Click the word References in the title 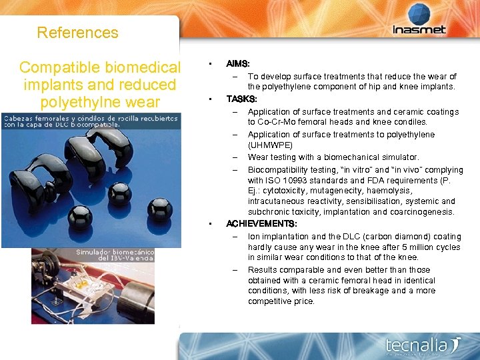click(77, 33)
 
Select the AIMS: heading click(238, 64)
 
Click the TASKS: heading click(241, 99)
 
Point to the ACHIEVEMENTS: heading click(261, 223)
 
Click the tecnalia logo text click(417, 345)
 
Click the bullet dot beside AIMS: click(210, 64)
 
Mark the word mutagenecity click(331, 191)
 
